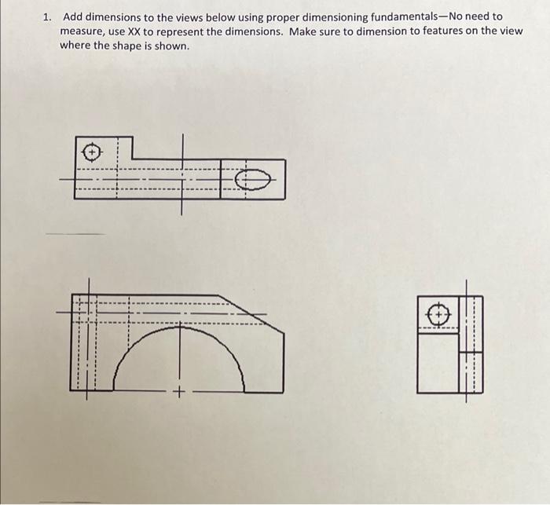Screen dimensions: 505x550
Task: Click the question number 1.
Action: click(47, 16)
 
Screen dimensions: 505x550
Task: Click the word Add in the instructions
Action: click(73, 16)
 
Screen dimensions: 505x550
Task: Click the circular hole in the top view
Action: click(93, 150)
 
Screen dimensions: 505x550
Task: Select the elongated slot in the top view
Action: click(253, 180)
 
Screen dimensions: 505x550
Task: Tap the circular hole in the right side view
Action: click(438, 315)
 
